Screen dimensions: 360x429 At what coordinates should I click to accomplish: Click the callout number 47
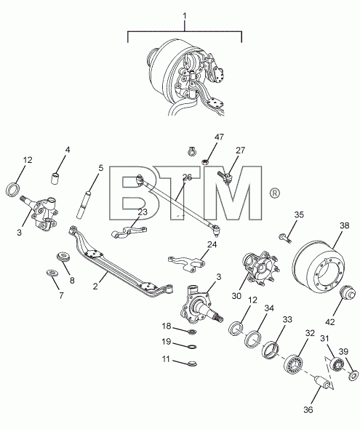pos(219,137)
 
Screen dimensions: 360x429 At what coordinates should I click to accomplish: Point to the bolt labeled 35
pos(285,238)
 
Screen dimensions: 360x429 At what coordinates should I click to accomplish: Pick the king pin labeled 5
pos(84,204)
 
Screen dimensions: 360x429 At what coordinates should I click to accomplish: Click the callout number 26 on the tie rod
pos(187,177)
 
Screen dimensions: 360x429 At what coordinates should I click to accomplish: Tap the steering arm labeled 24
pos(187,263)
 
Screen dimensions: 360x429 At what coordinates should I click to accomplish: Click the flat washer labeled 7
pos(52,273)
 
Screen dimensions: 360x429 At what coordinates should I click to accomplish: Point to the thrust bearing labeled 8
pos(64,257)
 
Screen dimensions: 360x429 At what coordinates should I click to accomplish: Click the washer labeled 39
pos(354,374)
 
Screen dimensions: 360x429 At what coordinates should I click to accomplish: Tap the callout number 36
pos(308,409)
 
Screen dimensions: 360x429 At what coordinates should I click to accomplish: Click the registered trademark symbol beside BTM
pos(275,193)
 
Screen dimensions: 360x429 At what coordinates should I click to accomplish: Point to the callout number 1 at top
pos(185,15)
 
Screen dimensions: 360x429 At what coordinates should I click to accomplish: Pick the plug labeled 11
pos(192,364)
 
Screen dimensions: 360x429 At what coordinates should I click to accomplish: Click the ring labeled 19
pos(193,347)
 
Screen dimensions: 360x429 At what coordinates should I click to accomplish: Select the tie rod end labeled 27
pos(225,177)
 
